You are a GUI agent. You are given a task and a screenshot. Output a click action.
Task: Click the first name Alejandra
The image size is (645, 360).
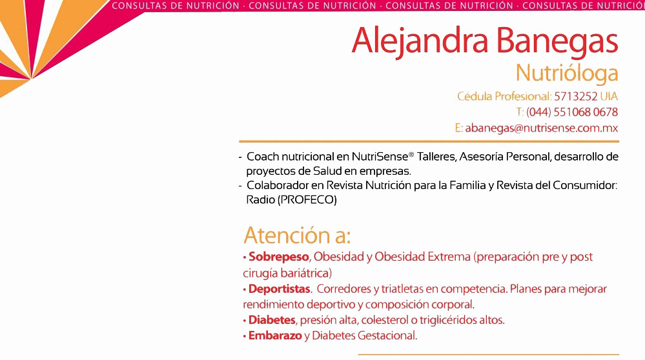pyautogui.click(x=420, y=41)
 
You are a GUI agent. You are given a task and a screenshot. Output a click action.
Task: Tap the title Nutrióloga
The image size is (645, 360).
pyautogui.click(x=567, y=74)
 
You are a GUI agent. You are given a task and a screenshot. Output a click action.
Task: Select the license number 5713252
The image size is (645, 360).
pyautogui.click(x=575, y=96)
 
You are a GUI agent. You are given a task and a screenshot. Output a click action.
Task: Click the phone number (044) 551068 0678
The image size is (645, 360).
pyautogui.click(x=572, y=112)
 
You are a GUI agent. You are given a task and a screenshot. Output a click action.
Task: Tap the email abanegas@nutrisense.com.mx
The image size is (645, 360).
pyautogui.click(x=541, y=128)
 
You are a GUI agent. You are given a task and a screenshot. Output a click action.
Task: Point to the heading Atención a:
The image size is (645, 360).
pyautogui.click(x=297, y=235)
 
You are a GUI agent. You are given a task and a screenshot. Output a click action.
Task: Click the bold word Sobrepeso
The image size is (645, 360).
pyautogui.click(x=278, y=257)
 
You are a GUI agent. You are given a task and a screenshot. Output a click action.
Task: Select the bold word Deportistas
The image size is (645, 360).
pyautogui.click(x=279, y=289)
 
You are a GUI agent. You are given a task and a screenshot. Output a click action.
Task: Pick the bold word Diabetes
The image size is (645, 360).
pyautogui.click(x=271, y=320)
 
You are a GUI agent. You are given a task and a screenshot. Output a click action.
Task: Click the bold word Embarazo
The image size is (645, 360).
pyautogui.click(x=275, y=335)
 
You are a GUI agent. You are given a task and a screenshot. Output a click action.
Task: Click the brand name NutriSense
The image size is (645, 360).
pyautogui.click(x=379, y=157)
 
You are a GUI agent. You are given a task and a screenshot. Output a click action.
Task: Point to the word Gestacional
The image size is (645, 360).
pyautogui.click(x=387, y=335)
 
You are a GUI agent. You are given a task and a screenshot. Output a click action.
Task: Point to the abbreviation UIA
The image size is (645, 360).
pyautogui.click(x=609, y=96)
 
